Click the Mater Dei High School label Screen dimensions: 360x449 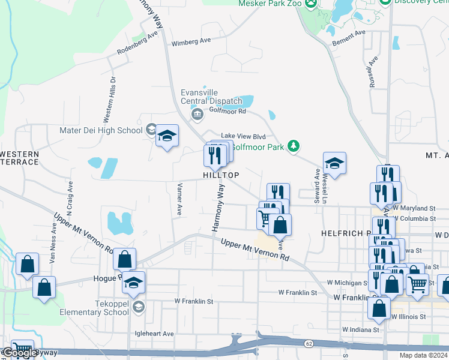(101, 130)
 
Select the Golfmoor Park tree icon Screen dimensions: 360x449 (293, 146)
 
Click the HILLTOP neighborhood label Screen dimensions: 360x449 (221, 175)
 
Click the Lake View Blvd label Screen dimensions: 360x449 (243, 136)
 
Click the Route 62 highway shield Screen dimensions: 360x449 (309, 343)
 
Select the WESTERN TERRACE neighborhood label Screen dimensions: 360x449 (19, 158)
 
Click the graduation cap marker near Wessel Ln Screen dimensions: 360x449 (334, 163)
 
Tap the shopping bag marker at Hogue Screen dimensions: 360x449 (124, 259)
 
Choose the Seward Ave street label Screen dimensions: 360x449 (316, 186)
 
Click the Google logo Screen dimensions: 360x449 (19, 353)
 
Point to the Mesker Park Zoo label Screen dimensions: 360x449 (269, 4)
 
